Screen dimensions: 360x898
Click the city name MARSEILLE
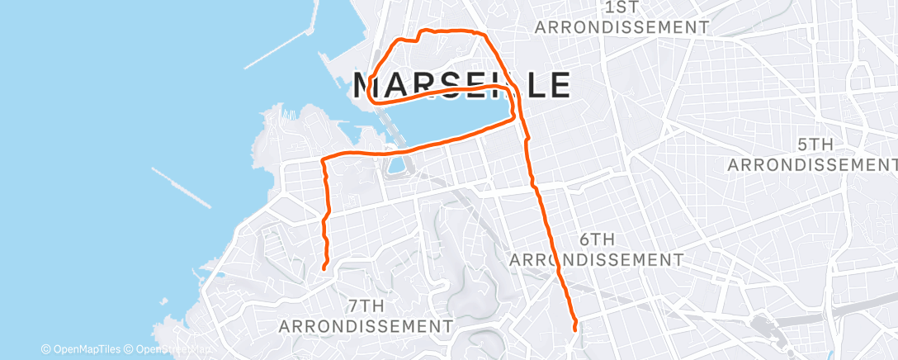[x=462, y=84]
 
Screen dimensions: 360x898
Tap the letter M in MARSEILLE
[x=370, y=84]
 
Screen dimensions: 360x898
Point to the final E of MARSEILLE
[x=559, y=84]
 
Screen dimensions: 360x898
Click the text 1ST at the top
[x=622, y=7]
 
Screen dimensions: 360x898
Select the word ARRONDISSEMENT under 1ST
[x=622, y=27]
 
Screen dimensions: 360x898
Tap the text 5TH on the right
[x=815, y=144]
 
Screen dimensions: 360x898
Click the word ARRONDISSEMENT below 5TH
[x=812, y=164]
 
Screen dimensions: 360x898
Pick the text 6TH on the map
[x=597, y=239]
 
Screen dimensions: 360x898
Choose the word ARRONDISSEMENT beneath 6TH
[x=597, y=259]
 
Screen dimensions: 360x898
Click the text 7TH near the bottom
[x=366, y=306]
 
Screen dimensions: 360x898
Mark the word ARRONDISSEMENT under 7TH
[x=366, y=325]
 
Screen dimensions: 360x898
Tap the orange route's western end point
[x=324, y=268]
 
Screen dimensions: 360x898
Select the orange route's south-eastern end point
[x=574, y=329]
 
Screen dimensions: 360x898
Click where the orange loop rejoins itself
[x=519, y=116]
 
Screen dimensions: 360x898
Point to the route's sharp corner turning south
[x=323, y=158]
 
